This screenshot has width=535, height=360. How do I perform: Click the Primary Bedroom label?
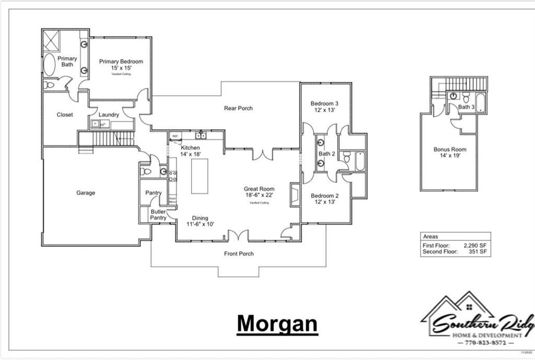(x=121, y=62)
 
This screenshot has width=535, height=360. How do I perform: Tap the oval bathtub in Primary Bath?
(x=49, y=65)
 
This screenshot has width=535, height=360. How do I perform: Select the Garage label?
(x=86, y=193)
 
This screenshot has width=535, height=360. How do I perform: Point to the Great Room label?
(x=259, y=189)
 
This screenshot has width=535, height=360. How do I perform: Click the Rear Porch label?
(x=238, y=108)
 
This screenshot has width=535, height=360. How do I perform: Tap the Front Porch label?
(x=239, y=254)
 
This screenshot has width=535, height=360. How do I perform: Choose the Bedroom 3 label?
(x=324, y=103)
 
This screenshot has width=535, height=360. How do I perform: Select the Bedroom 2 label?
(x=324, y=196)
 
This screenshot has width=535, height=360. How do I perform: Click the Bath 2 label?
(x=327, y=154)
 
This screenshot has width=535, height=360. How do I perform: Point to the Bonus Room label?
(x=450, y=149)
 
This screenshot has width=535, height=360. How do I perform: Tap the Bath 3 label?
(x=467, y=107)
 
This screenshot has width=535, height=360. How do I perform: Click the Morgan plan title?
(x=277, y=323)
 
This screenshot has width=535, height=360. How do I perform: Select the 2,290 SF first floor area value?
(x=475, y=245)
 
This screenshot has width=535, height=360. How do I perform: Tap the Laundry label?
(x=109, y=115)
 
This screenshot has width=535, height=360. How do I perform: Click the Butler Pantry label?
(x=158, y=215)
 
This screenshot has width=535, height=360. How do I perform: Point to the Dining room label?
(x=200, y=218)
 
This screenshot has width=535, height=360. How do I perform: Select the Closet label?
(x=65, y=115)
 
